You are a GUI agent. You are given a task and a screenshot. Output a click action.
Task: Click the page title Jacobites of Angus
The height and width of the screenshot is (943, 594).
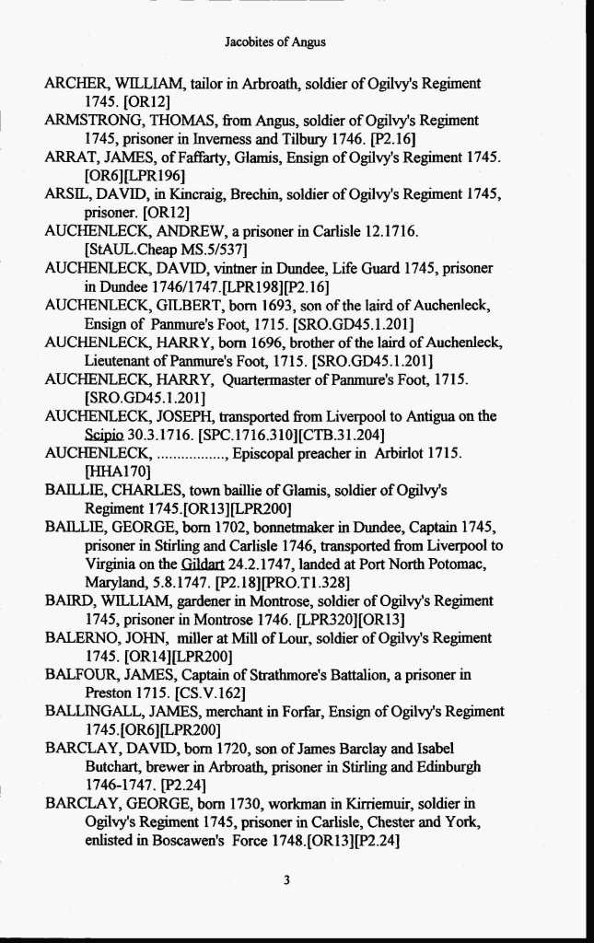274,41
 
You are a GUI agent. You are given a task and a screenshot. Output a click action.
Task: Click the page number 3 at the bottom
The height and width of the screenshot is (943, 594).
286,880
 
